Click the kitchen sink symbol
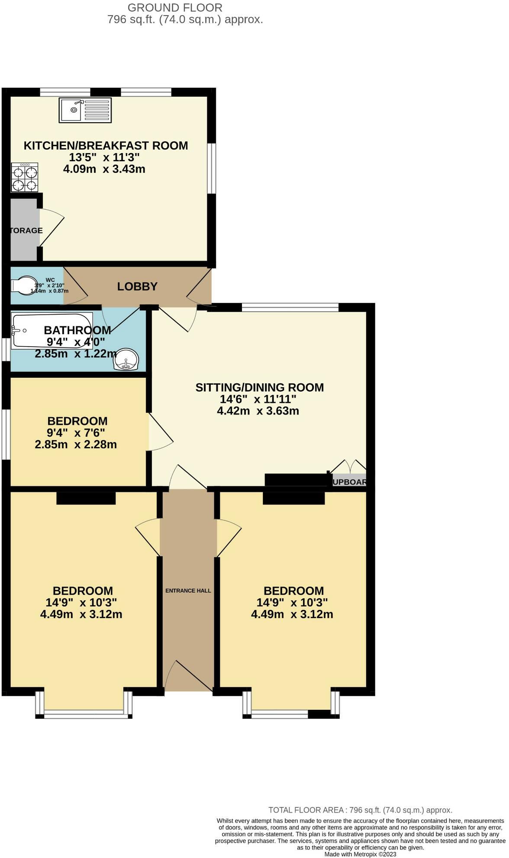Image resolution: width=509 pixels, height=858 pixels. click(x=85, y=110)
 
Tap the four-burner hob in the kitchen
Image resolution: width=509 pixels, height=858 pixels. click(x=25, y=178)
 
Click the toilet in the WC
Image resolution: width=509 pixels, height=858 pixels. click(x=24, y=286)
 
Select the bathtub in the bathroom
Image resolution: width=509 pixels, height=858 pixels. click(x=52, y=331)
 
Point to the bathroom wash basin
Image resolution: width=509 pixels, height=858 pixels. click(x=126, y=360)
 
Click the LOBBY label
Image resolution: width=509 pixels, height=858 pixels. click(x=137, y=287)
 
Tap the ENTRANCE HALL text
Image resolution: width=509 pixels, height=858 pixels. click(x=188, y=590)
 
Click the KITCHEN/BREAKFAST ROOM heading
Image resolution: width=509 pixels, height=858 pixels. click(x=106, y=146)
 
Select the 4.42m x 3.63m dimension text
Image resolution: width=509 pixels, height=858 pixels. click(x=258, y=411)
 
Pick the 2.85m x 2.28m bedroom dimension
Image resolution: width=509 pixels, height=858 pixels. click(x=76, y=445)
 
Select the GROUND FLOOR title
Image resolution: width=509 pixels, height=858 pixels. click(x=175, y=7)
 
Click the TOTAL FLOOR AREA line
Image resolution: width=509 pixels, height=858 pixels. click(x=360, y=810)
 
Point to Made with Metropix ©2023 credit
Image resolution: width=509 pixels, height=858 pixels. click(x=360, y=854)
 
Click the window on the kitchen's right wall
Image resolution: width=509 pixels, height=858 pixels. click(x=211, y=169)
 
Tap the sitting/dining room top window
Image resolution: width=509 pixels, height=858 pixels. click(x=290, y=307)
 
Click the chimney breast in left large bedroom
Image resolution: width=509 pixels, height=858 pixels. click(x=86, y=498)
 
